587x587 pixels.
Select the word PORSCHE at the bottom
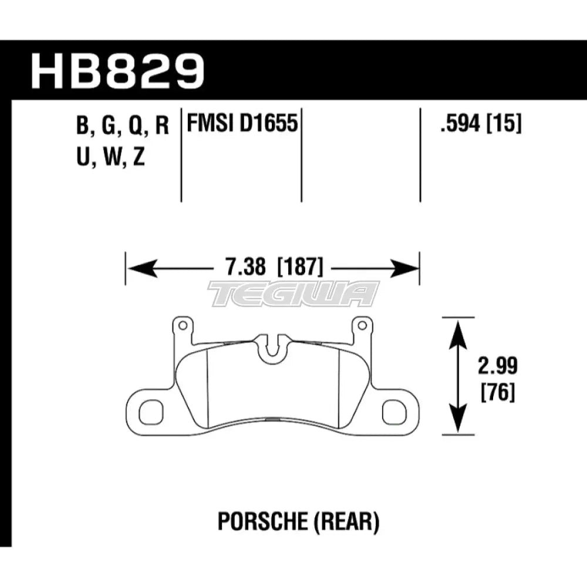(x=256, y=520)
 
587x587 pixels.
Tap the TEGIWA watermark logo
(x=293, y=294)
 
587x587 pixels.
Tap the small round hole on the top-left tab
(x=182, y=324)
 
